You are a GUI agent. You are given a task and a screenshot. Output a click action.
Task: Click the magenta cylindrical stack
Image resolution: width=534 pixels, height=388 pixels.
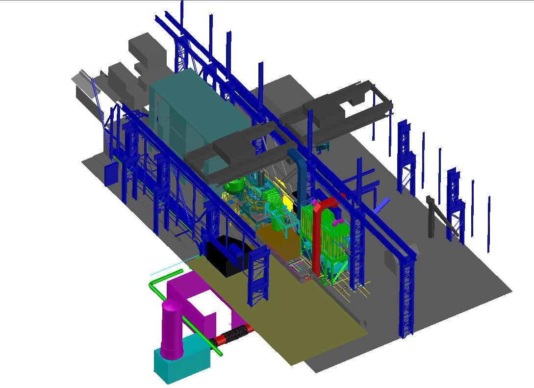(172, 329)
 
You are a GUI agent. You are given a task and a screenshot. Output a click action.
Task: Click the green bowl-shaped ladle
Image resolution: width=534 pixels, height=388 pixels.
(234, 186)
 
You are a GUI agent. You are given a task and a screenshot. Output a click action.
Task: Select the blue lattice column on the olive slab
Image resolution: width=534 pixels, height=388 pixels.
(258, 277)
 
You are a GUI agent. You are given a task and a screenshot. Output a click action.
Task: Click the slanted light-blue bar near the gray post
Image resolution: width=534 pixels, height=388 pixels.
(382, 205)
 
